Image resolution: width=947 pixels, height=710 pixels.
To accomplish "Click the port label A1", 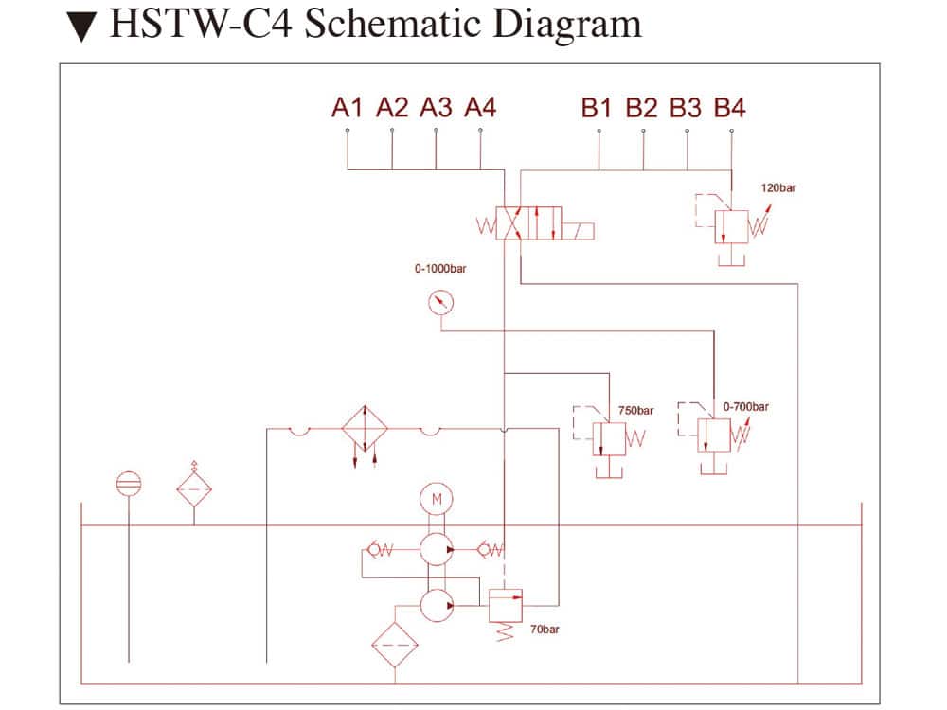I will point(348,107).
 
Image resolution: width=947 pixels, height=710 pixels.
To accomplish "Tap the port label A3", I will point(436,107).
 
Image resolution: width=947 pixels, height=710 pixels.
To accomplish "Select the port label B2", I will point(641,107).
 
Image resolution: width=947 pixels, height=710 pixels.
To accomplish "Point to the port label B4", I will point(729,107).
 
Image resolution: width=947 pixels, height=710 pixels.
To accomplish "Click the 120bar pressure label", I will point(778,187).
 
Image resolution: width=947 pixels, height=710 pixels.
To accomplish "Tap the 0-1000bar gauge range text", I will point(439,269).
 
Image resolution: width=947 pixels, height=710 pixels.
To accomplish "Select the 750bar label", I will point(636,411).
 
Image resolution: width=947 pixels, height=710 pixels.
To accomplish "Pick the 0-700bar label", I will point(745,407).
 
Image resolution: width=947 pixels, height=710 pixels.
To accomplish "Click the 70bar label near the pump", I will point(545,630).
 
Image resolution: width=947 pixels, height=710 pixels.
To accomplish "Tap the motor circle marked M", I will point(437,499).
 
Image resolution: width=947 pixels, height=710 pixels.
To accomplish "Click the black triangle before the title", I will point(84,27).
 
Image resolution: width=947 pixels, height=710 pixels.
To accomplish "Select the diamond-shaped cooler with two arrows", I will point(366,430).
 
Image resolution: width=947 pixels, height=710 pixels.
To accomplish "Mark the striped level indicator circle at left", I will point(128,484).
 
